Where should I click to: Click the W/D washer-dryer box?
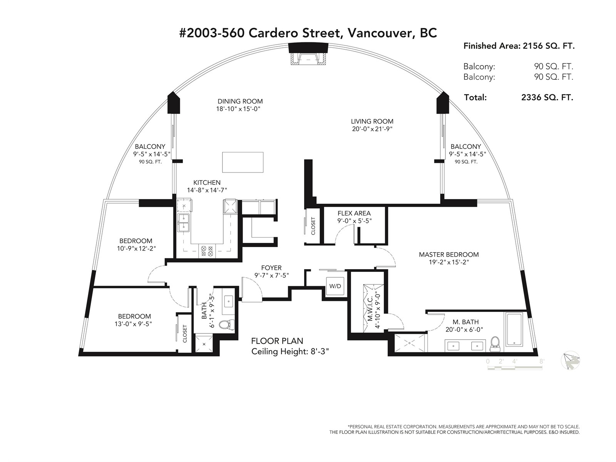tap(335, 286)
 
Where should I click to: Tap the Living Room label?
tap(372, 121)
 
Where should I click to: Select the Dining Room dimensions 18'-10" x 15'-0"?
tap(238, 109)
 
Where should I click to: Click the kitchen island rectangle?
tap(243, 162)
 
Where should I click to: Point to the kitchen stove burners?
tap(207, 251)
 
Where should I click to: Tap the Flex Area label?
tap(354, 213)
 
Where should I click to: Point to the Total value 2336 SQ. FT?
tap(547, 97)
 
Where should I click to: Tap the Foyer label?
tap(271, 268)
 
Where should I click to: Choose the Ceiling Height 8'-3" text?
tap(290, 352)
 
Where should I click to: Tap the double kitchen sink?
tap(184, 223)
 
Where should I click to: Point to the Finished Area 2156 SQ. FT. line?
tap(519, 46)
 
